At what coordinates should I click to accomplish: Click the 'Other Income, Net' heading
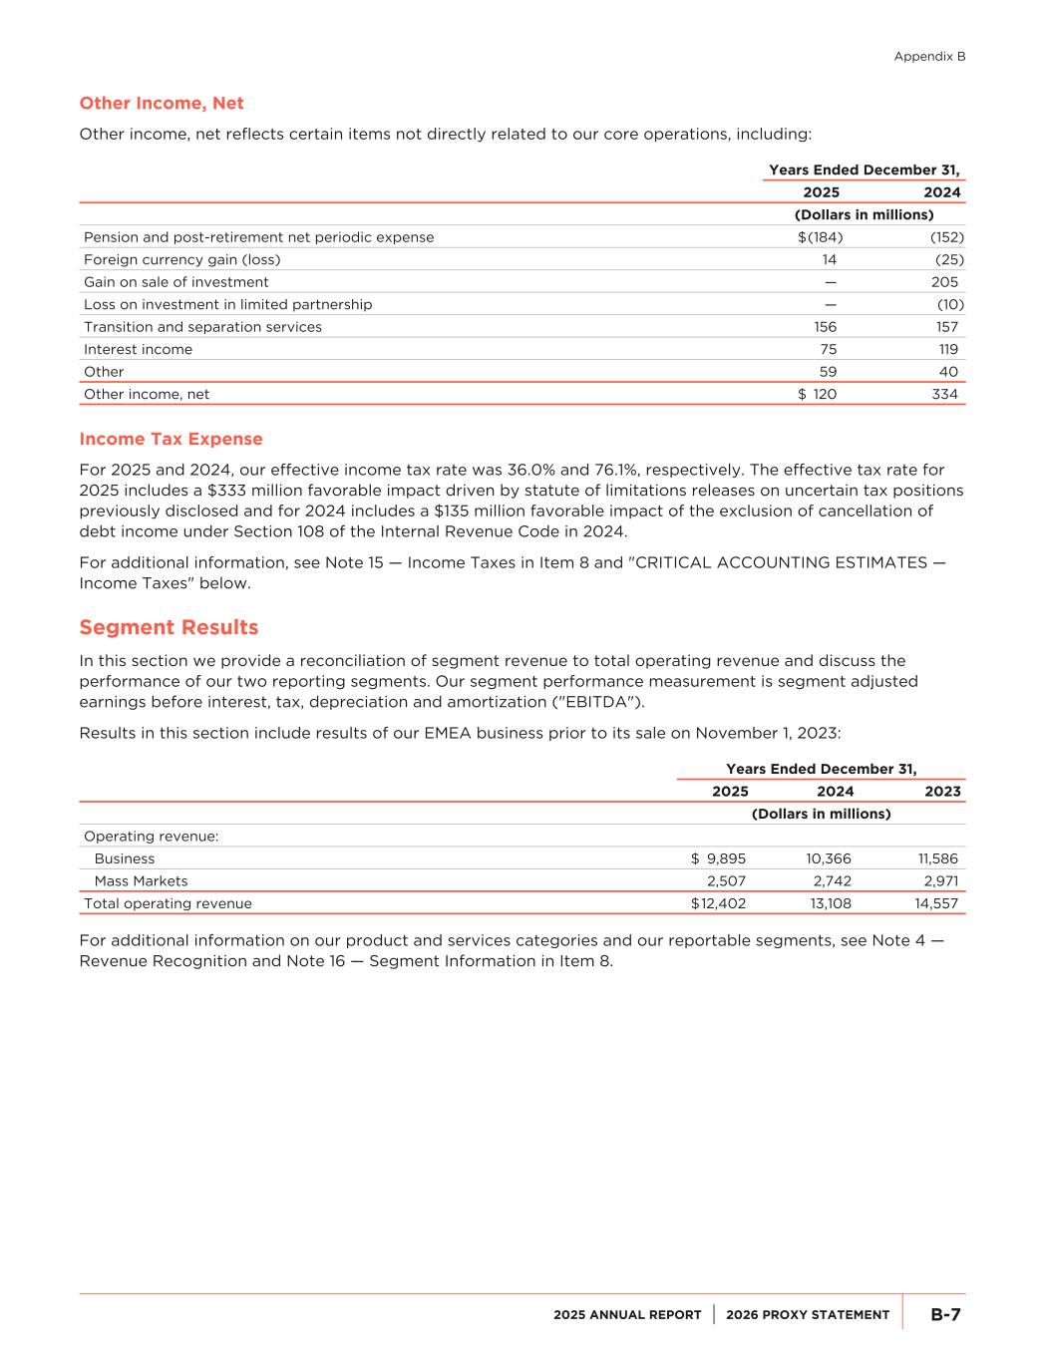click(x=162, y=104)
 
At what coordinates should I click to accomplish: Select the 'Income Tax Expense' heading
click(x=171, y=440)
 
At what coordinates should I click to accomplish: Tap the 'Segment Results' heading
click(x=169, y=628)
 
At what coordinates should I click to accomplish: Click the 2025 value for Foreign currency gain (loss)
click(x=829, y=259)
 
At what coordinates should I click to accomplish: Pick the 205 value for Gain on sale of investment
click(x=943, y=282)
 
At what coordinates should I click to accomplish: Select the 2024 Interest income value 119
click(x=947, y=349)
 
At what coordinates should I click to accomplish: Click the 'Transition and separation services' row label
click(x=202, y=327)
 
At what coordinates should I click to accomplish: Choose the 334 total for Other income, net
click(x=944, y=394)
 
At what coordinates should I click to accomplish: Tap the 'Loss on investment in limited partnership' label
click(x=227, y=304)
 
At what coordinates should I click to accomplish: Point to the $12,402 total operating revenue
click(x=718, y=903)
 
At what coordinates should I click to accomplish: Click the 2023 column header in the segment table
click(x=942, y=792)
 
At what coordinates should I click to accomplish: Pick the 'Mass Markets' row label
click(x=141, y=881)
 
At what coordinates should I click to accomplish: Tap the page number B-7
click(x=945, y=1315)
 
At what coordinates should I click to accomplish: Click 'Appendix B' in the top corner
click(x=929, y=57)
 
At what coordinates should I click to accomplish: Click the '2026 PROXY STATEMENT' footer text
click(x=808, y=1315)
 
